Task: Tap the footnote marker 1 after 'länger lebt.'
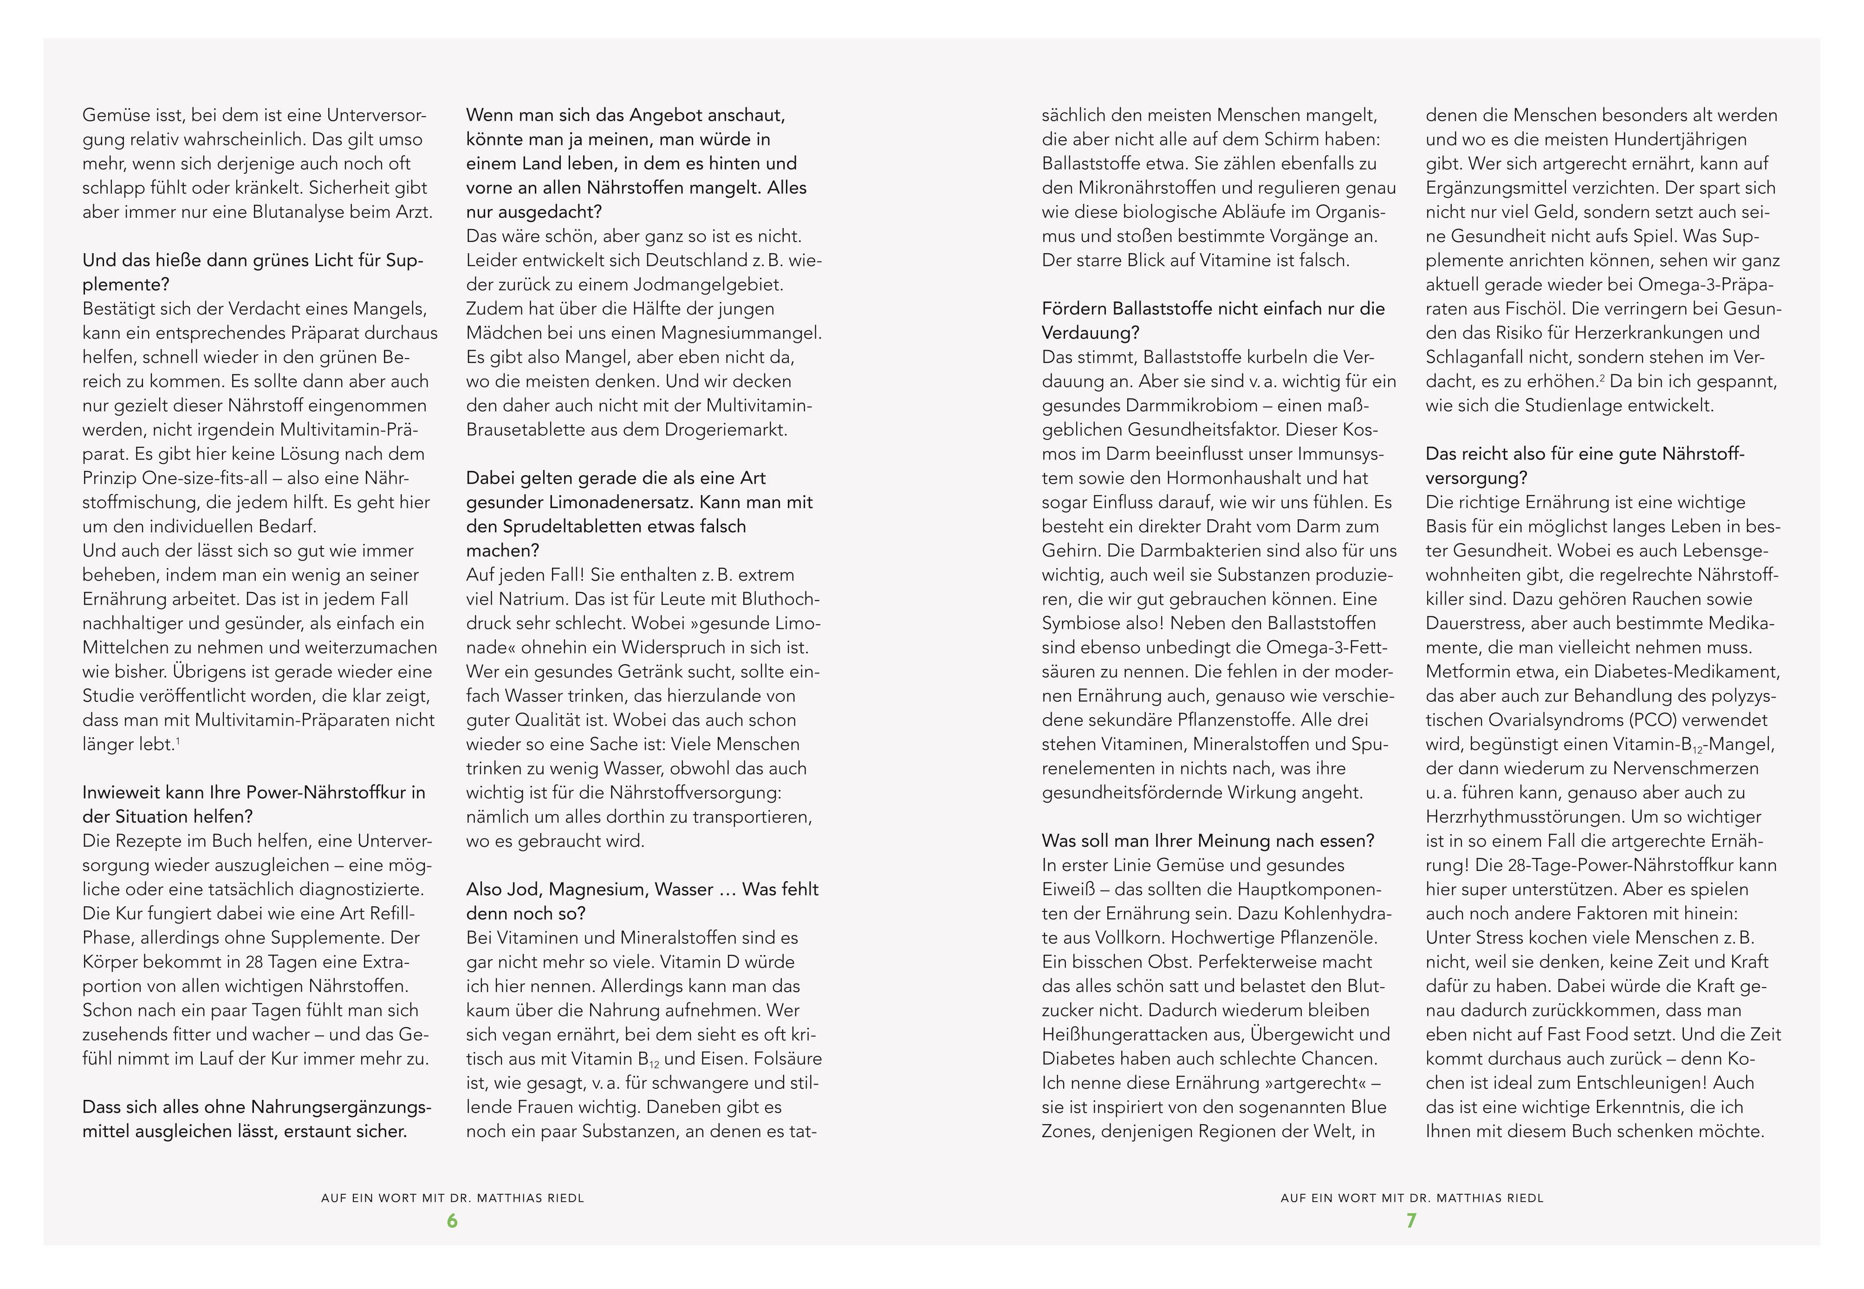point(178,740)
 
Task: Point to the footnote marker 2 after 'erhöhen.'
point(1602,377)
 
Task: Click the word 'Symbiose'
point(1078,623)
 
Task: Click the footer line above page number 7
point(1411,1198)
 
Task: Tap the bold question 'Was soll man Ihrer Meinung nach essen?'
point(1208,841)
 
